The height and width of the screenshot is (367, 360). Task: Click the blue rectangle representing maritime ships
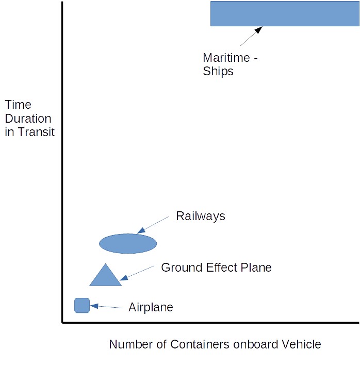[285, 13]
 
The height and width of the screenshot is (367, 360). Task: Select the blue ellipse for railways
[128, 243]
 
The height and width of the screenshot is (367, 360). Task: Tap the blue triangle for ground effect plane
[105, 276]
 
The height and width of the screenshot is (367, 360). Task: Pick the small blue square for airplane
[82, 306]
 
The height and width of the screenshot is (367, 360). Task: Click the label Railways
[201, 216]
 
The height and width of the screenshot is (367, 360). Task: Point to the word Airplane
[151, 307]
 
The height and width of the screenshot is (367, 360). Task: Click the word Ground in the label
[182, 268]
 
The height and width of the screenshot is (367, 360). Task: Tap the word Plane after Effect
[256, 268]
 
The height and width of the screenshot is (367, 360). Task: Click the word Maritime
[226, 58]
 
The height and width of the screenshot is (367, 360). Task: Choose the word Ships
[218, 71]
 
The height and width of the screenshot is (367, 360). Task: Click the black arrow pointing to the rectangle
[251, 36]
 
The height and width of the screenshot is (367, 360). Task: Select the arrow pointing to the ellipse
[153, 225]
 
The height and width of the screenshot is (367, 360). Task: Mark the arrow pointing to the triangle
[137, 273]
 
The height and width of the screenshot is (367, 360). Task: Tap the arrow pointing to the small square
[106, 307]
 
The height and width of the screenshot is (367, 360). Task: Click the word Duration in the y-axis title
[28, 119]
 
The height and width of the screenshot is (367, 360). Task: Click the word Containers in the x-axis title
[200, 344]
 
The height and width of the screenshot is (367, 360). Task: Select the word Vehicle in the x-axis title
[301, 344]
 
